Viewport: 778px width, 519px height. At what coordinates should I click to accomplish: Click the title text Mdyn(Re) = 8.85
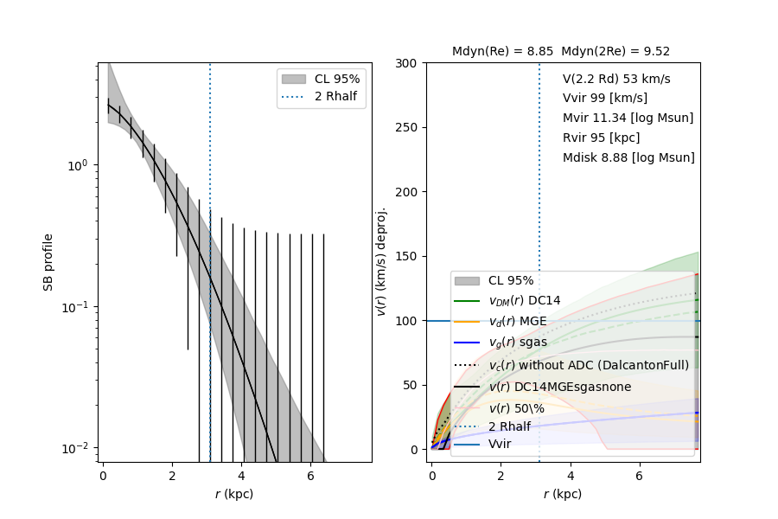click(502, 52)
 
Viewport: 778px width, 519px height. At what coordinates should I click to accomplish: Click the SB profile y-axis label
click(49, 261)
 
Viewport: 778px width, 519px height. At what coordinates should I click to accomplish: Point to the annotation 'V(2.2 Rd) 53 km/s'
click(616, 79)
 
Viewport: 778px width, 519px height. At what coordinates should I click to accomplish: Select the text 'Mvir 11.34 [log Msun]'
click(628, 119)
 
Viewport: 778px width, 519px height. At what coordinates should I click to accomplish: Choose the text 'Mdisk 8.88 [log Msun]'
click(628, 158)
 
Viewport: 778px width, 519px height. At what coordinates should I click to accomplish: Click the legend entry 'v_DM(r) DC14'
click(524, 300)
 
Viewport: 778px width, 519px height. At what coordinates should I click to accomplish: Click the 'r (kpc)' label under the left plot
click(233, 494)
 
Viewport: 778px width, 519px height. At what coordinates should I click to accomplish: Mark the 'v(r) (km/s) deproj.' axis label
click(380, 261)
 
